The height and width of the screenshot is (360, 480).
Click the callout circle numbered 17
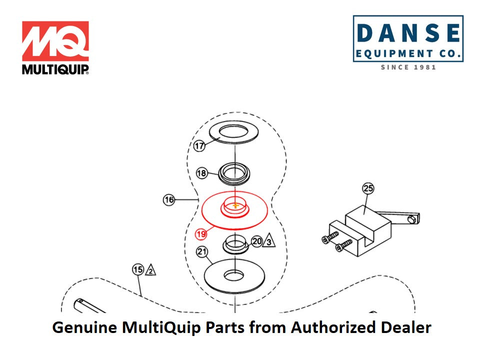coord(200,146)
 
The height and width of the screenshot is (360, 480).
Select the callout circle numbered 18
coord(202,173)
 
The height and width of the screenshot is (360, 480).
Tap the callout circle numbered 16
coord(169,200)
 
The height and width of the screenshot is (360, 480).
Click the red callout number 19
coord(201,233)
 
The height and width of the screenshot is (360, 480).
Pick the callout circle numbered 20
coord(257,241)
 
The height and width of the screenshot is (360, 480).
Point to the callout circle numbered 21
coord(202,252)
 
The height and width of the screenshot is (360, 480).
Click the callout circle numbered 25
coord(368,188)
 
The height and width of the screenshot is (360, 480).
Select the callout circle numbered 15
coord(138,269)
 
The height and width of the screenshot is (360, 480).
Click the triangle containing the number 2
coord(150,270)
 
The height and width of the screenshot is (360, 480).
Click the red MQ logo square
coord(55,41)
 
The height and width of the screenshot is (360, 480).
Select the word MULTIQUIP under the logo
coord(55,68)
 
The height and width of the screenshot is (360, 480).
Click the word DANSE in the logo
coord(408,33)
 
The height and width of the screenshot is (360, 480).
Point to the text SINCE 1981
coord(408,67)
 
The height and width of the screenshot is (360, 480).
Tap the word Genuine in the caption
coord(84,328)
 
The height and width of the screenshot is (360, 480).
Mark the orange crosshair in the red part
coord(235,205)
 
